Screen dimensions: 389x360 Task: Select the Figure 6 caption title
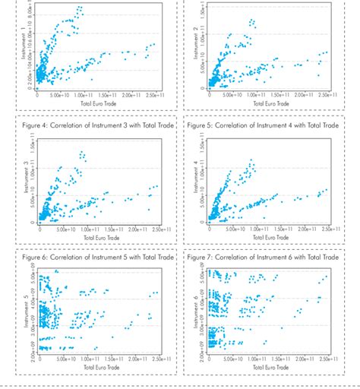[101, 257]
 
